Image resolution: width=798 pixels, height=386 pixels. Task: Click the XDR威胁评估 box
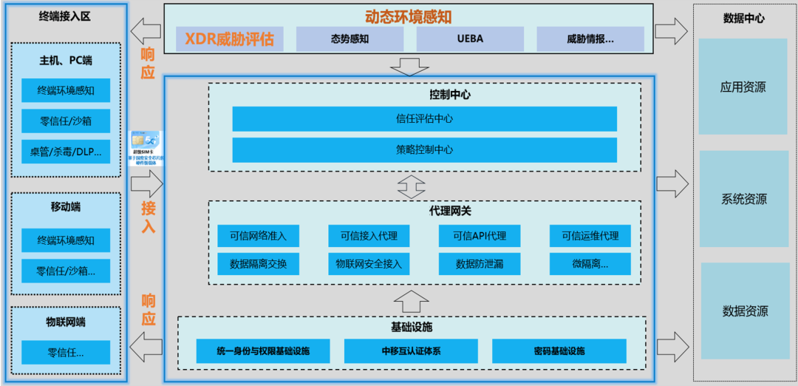click(228, 39)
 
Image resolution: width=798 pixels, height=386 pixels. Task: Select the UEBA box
click(470, 39)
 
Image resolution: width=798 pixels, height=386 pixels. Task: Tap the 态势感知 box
click(349, 39)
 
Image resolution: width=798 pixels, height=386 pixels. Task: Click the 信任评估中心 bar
click(424, 119)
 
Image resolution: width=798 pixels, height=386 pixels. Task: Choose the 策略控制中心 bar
click(424, 149)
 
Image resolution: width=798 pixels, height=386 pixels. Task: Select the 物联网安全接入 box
click(369, 264)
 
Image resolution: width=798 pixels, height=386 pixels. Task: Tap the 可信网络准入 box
click(258, 236)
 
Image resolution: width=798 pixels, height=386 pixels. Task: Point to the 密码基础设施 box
click(559, 351)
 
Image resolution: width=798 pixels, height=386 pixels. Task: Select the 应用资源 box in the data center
click(743, 87)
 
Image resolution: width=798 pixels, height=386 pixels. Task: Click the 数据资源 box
click(743, 311)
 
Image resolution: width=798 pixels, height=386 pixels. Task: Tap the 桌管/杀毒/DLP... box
click(66, 152)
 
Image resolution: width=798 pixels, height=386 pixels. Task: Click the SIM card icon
click(146, 149)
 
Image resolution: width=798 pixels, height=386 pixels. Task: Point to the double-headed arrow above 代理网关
click(411, 186)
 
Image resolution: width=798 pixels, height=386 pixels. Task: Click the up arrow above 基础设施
click(411, 302)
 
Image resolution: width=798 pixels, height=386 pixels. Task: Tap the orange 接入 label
click(149, 217)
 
